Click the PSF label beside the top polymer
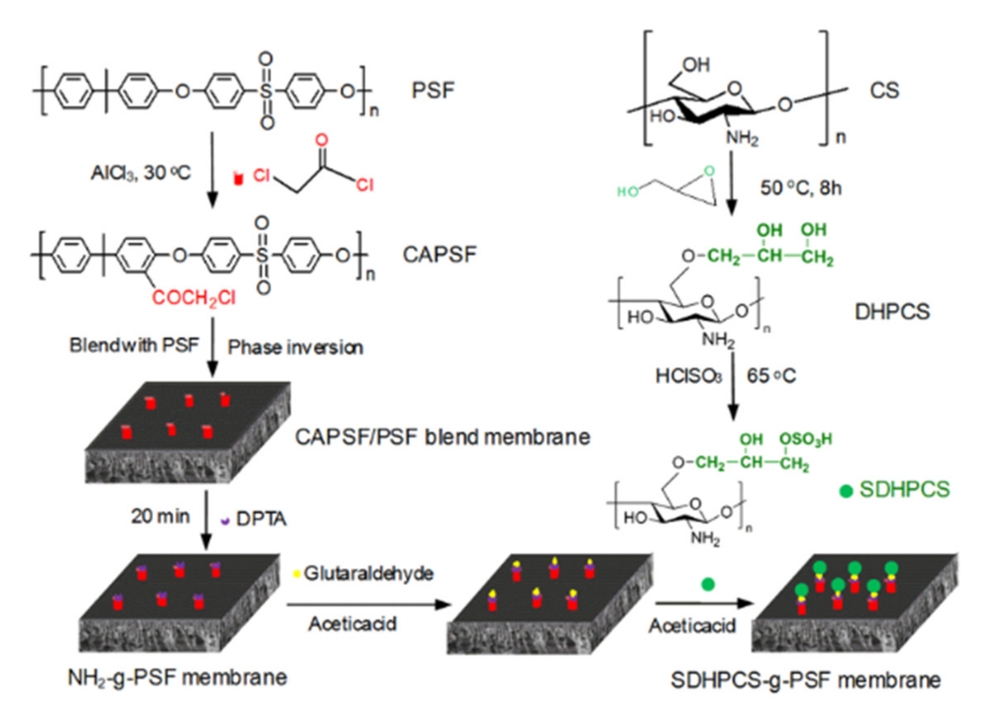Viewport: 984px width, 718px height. pyautogui.click(x=432, y=90)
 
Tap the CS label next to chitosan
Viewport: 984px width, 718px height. pyautogui.click(x=883, y=90)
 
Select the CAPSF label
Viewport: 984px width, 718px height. pyautogui.click(x=439, y=255)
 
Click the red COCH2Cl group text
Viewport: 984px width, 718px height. pyautogui.click(x=194, y=298)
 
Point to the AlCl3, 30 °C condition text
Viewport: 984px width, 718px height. pyautogui.click(x=140, y=173)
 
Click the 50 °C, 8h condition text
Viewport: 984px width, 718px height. pyautogui.click(x=801, y=188)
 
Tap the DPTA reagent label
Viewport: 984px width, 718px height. pyautogui.click(x=261, y=519)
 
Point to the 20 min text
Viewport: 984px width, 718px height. pyautogui.click(x=160, y=516)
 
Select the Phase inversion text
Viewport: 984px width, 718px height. pyautogui.click(x=295, y=347)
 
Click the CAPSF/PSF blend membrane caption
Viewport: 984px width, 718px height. pyautogui.click(x=442, y=437)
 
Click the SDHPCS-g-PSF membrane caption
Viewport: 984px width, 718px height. pyautogui.click(x=806, y=680)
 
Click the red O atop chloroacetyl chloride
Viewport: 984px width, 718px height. pyautogui.click(x=321, y=140)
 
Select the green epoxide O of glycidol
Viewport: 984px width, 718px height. pyautogui.click(x=709, y=171)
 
